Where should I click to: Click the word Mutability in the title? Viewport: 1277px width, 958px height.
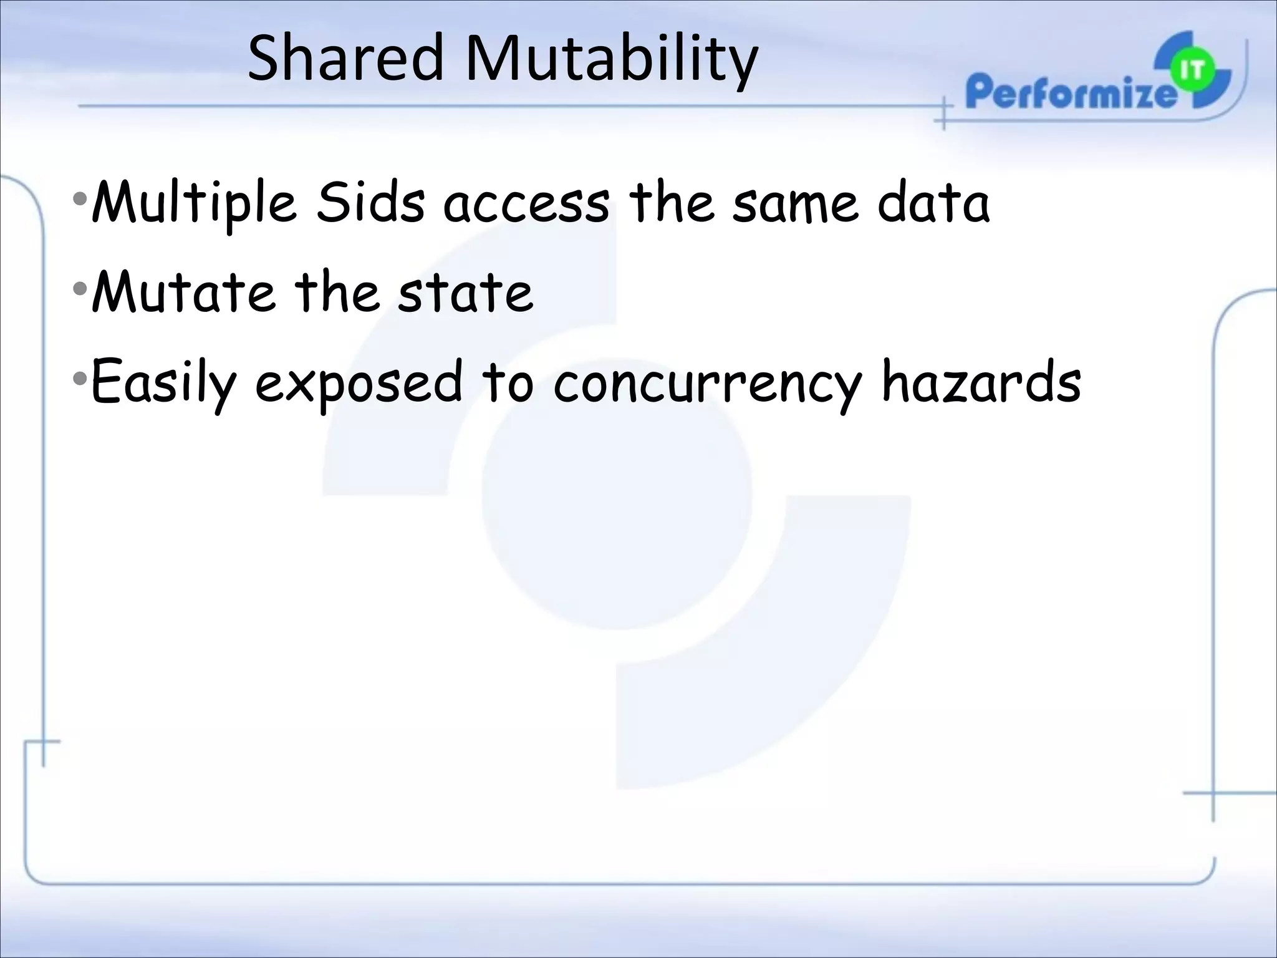611,60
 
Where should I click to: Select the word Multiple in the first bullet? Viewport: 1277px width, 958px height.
194,203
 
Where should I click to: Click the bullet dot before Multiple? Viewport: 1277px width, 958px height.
80,200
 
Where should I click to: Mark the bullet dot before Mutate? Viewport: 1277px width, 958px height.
80,289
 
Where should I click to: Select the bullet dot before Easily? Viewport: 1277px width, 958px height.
80,378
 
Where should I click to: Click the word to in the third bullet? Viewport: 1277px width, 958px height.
508,382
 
